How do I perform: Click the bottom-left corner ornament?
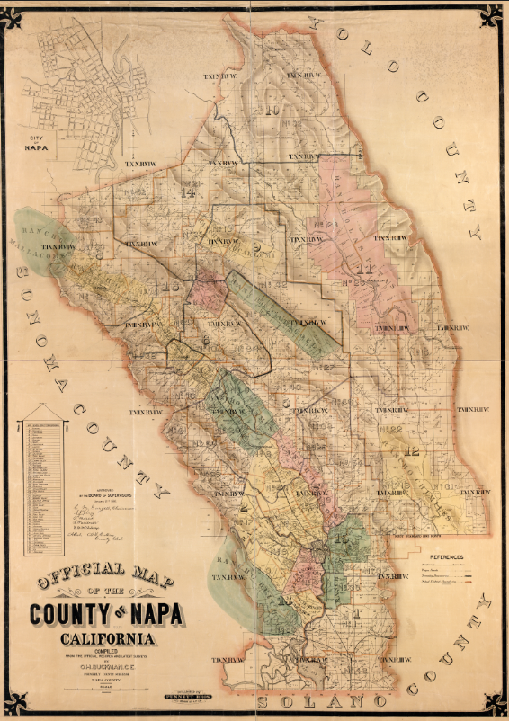pyautogui.click(x=15, y=704)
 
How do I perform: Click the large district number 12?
pyautogui.click(x=413, y=452)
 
